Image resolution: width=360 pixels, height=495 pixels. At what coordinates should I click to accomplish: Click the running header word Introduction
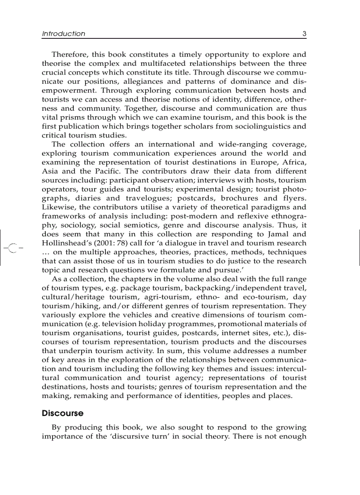pos(64,33)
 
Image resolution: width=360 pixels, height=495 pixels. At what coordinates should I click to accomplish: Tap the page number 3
pos(304,33)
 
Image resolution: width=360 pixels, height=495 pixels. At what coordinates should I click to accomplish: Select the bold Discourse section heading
pos(63,413)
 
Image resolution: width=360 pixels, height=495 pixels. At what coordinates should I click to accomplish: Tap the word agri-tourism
pos(149,297)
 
